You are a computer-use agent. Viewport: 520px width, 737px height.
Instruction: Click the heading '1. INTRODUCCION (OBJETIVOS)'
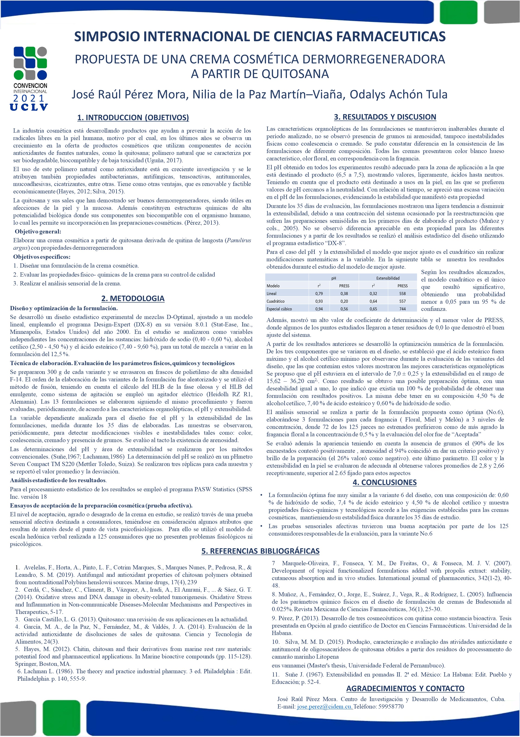tap(133, 118)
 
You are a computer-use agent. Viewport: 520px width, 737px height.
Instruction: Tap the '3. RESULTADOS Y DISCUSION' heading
tap(385, 117)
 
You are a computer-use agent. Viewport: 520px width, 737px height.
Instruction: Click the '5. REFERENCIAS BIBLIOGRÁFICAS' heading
tap(260, 551)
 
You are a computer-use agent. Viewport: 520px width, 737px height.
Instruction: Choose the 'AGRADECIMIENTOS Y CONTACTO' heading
tap(405, 688)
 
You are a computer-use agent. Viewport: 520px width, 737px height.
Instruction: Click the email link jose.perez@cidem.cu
tap(325, 706)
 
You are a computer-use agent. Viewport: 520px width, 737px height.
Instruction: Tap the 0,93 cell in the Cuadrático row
tap(319, 301)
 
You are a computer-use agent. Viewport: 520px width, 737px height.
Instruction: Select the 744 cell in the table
tap(402, 309)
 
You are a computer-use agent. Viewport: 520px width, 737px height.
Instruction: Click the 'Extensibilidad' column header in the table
tap(388, 278)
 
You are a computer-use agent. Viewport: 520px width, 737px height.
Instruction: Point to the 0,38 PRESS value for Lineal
tap(344, 294)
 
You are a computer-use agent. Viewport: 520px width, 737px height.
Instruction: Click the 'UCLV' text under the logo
tap(29, 107)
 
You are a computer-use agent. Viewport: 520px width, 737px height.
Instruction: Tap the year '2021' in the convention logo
tap(29, 98)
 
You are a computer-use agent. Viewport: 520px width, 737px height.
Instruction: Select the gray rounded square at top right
tap(501, 11)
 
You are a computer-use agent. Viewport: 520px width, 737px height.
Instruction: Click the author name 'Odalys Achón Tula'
tap(398, 94)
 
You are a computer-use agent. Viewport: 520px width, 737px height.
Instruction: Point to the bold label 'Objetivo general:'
tap(38, 231)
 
